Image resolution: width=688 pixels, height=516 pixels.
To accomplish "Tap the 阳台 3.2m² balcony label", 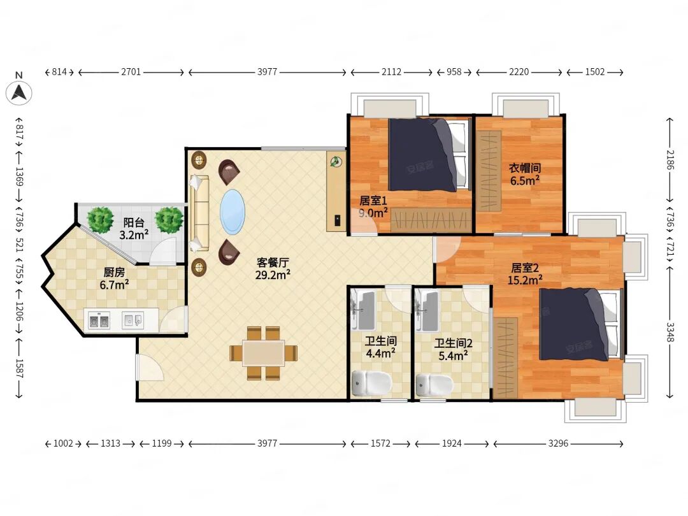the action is click(134, 229).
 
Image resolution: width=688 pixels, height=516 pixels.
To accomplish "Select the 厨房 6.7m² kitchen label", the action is click(114, 278).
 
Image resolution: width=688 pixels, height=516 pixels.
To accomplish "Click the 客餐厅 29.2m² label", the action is click(273, 269).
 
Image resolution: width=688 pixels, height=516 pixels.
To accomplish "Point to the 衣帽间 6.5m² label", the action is click(525, 174).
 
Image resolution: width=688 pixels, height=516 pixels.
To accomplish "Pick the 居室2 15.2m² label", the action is click(525, 274).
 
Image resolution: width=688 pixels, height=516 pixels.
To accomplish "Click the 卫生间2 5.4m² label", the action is click(454, 350).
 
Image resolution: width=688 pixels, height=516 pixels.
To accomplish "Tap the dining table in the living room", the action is click(263, 353).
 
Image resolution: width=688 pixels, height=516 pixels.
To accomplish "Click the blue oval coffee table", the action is click(232, 212).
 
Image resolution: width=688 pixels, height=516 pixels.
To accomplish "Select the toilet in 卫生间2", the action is click(434, 385).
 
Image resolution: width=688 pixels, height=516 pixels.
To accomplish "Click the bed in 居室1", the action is click(427, 155).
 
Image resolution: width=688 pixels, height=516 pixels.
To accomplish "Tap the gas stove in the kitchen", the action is click(99, 320).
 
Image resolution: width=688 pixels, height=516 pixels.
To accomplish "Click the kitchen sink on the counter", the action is click(133, 320).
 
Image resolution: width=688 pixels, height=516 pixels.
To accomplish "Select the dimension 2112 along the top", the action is click(391, 72).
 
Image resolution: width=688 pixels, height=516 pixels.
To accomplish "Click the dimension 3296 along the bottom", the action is click(558, 443).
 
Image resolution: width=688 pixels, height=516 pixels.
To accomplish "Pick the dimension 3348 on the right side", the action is click(670, 332).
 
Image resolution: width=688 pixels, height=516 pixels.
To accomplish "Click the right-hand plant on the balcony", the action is click(169, 219).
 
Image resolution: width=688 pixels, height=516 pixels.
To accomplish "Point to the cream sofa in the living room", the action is click(199, 213).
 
